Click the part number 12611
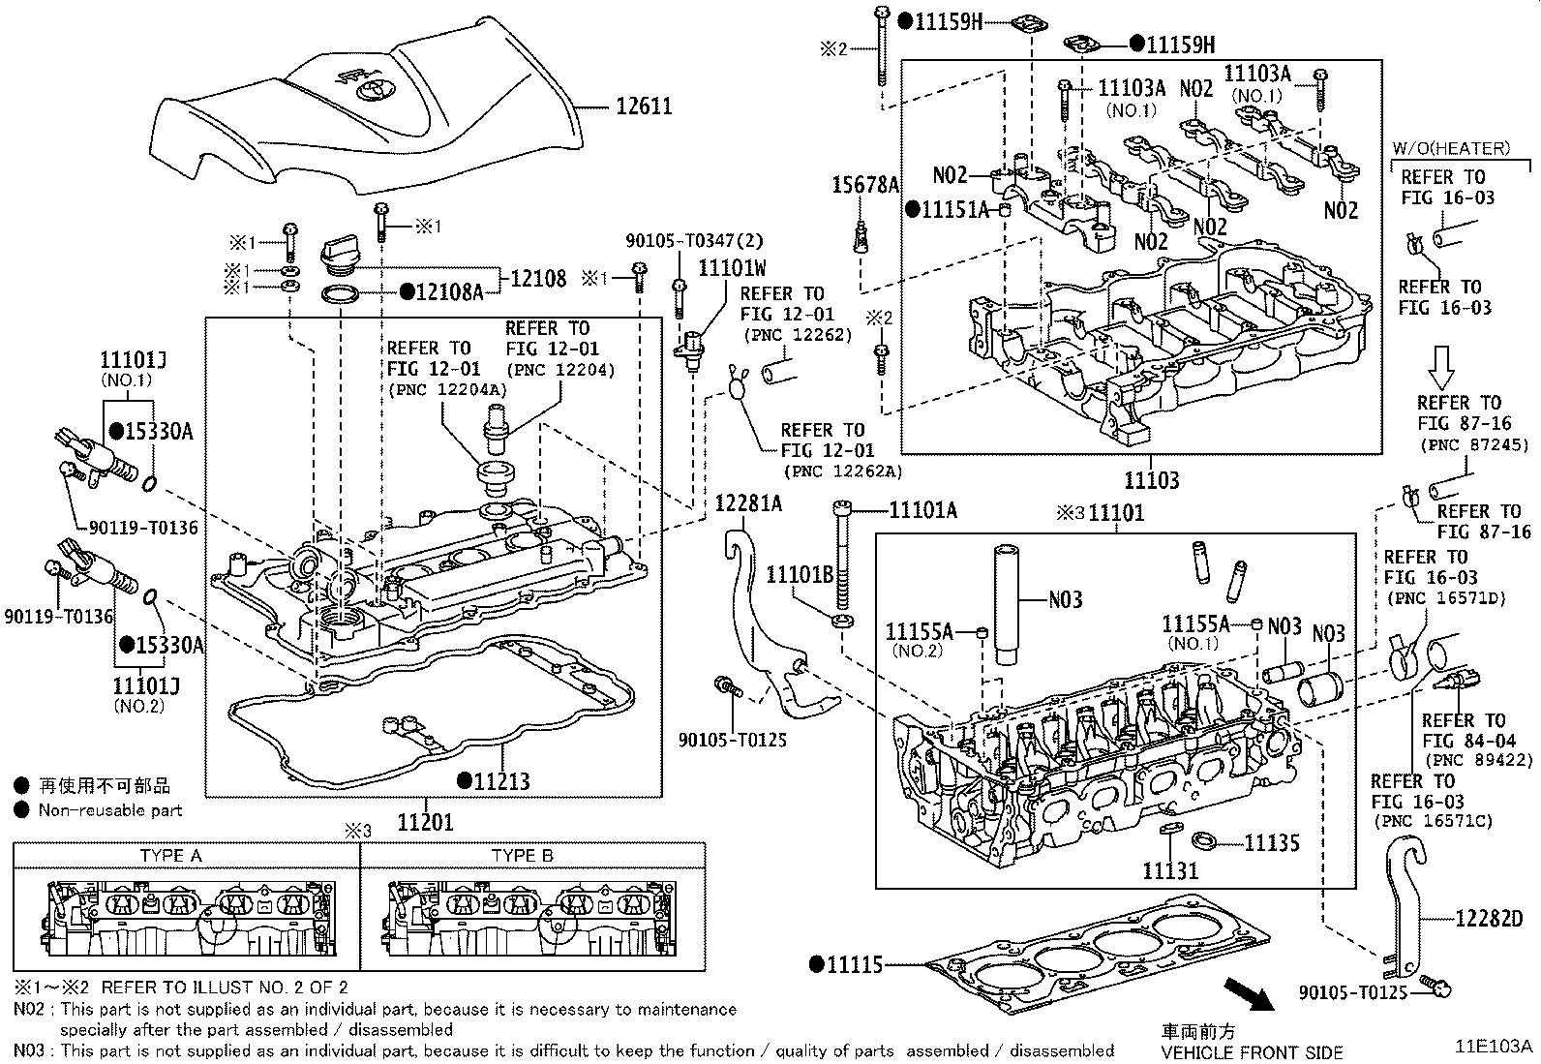(x=644, y=106)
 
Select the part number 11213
(x=500, y=780)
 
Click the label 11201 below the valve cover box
(x=425, y=823)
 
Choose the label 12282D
(x=1488, y=918)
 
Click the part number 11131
(x=1169, y=869)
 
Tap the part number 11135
(x=1271, y=843)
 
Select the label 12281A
(x=748, y=502)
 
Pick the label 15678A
(x=866, y=185)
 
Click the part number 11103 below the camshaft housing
(x=1151, y=480)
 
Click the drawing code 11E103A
(x=1495, y=1047)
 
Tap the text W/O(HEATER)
(x=1451, y=148)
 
